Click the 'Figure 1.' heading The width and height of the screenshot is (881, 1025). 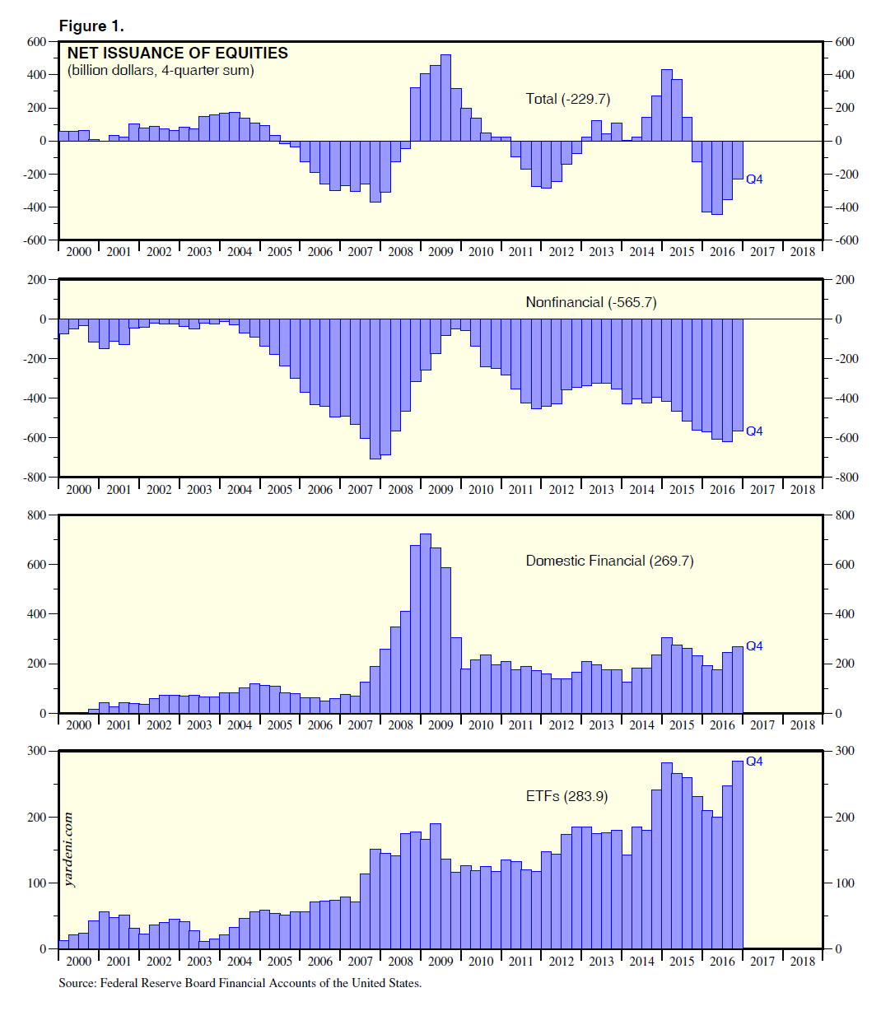click(x=91, y=26)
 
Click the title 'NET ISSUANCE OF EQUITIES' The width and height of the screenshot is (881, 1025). click(x=177, y=54)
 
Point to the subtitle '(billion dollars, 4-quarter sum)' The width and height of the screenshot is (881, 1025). click(x=161, y=71)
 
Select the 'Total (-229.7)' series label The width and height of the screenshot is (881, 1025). click(x=567, y=99)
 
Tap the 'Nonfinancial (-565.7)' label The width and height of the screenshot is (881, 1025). click(x=590, y=302)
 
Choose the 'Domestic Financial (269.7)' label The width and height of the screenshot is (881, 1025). click(x=609, y=561)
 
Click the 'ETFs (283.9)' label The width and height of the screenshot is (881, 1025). click(x=566, y=796)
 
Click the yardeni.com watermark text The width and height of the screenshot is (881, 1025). click(x=68, y=849)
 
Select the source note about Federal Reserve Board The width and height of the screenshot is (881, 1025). click(x=240, y=983)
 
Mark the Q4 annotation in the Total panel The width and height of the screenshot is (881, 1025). click(x=754, y=179)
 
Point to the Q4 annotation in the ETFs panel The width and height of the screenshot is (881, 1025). click(x=754, y=762)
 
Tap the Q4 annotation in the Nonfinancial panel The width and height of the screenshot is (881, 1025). click(x=754, y=431)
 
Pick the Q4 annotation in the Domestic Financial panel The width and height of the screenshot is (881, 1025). click(x=754, y=646)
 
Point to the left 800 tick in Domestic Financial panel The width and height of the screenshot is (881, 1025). click(x=36, y=515)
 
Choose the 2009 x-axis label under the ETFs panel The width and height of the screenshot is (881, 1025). click(x=440, y=961)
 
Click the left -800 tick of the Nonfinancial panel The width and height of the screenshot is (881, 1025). click(x=35, y=478)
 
